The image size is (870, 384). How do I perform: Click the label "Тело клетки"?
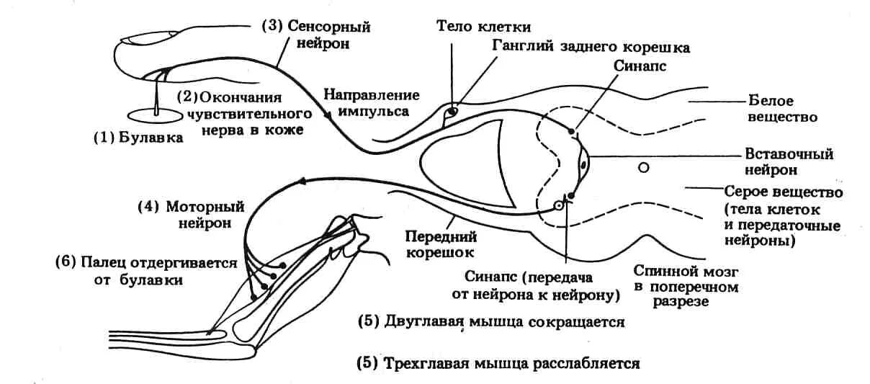[x=483, y=27]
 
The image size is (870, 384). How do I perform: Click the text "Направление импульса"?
[x=371, y=103]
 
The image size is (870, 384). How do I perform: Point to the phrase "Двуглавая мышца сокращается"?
[x=503, y=321]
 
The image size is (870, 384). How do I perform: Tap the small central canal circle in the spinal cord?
[x=644, y=168]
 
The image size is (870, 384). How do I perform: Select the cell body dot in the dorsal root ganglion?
[x=452, y=112]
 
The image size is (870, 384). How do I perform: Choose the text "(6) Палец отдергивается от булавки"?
[x=145, y=271]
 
